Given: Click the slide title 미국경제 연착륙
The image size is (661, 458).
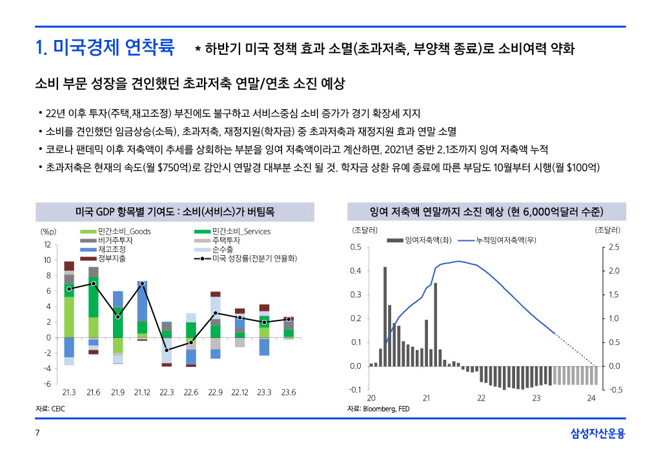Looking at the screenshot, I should [x=105, y=47].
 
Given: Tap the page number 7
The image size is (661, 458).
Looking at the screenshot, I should [x=37, y=433].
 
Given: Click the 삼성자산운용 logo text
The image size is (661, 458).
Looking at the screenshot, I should [x=598, y=434].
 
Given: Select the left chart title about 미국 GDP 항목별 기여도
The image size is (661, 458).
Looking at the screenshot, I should [x=174, y=211].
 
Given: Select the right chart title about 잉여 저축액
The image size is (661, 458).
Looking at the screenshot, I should [x=487, y=211].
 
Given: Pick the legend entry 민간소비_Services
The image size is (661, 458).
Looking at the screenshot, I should [x=241, y=231].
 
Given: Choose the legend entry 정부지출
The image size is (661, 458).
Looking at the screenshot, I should [x=112, y=258].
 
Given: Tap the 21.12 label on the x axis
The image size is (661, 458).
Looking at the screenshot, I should [x=142, y=392].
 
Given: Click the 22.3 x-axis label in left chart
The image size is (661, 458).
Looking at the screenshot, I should [x=167, y=392].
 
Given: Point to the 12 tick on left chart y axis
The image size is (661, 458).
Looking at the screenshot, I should [x=47, y=245].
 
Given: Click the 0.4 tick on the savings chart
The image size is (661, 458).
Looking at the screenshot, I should [x=356, y=271].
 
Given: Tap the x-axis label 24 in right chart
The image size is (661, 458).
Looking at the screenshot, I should [x=591, y=398].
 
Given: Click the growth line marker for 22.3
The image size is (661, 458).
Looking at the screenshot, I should [x=167, y=350].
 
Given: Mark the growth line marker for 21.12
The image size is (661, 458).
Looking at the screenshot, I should [x=142, y=284].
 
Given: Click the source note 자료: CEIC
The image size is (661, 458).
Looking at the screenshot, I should [x=50, y=409].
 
